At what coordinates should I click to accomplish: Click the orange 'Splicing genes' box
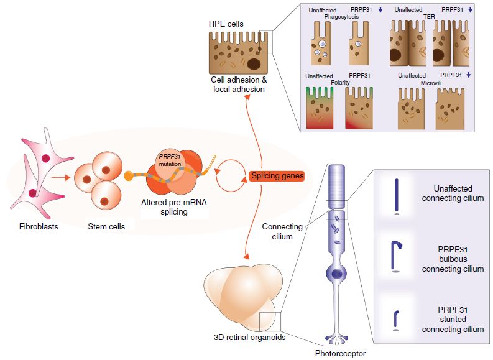click(x=277, y=176)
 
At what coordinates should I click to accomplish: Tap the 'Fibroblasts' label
click(x=39, y=226)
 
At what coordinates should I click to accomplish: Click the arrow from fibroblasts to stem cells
click(x=62, y=176)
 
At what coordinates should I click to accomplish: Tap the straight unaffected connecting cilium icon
click(x=397, y=196)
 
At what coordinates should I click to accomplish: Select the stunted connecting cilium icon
click(x=396, y=318)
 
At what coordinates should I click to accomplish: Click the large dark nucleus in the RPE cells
click(x=254, y=63)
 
